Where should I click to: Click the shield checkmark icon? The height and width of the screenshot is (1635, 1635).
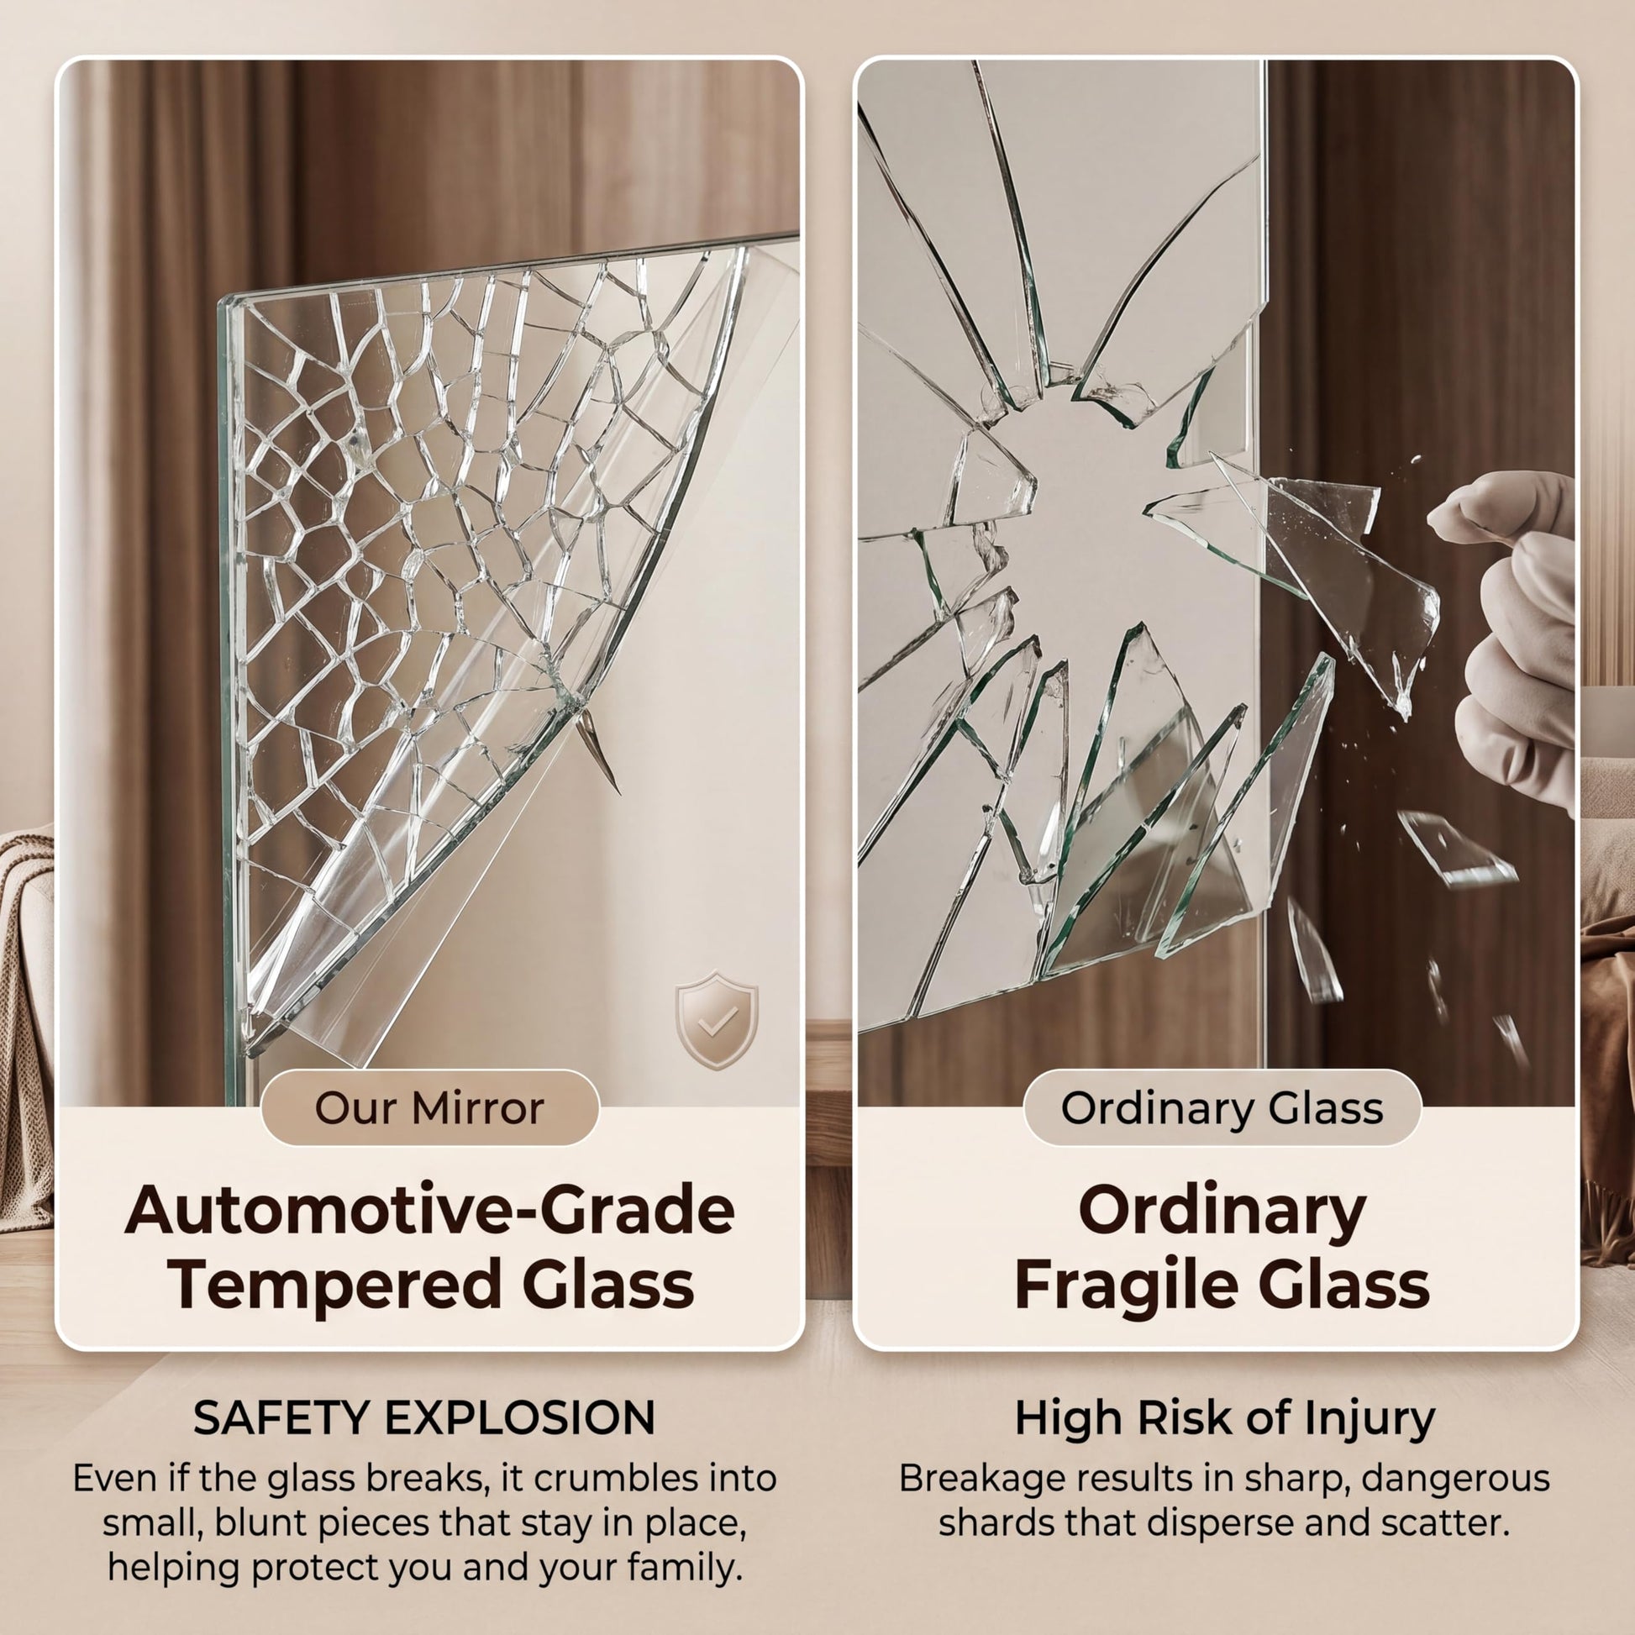coord(716,1020)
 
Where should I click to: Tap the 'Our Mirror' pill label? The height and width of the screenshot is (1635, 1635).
coord(430,1107)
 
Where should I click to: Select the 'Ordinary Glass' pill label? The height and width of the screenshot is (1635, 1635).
coord(1222,1107)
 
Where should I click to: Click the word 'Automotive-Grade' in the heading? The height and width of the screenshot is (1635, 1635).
coord(430,1211)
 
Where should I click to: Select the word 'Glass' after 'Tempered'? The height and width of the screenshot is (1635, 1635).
coord(607,1285)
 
